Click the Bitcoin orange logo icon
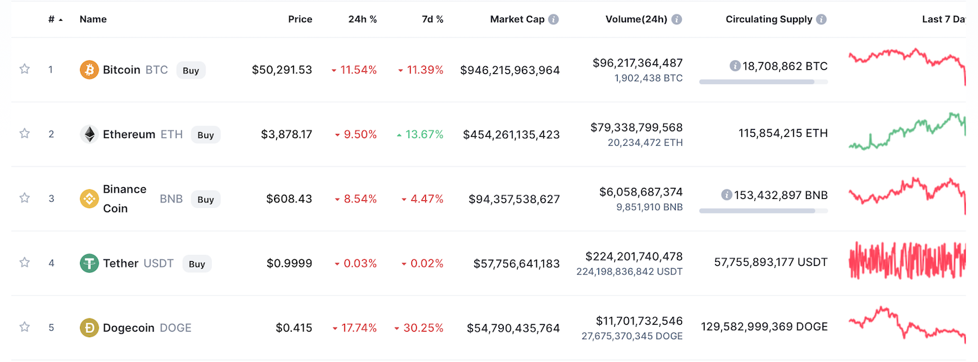tap(90, 70)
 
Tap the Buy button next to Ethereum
tap(206, 135)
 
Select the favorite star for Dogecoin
tap(25, 327)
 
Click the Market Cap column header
tap(517, 19)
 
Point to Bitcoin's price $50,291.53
tap(282, 70)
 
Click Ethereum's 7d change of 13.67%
tap(420, 134)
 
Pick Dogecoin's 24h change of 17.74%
tap(355, 328)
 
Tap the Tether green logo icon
tap(90, 263)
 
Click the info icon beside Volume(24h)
tap(676, 19)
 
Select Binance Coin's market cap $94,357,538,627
tap(514, 199)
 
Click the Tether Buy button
tap(197, 263)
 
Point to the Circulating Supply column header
tap(769, 19)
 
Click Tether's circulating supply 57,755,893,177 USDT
tap(771, 262)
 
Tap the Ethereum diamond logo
tap(90, 135)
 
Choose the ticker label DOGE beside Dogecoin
tap(175, 328)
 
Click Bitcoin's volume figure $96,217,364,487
tap(638, 63)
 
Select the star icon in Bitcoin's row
tap(25, 69)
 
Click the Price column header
tap(300, 19)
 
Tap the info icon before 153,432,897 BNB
tap(726, 195)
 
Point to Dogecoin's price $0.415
tap(294, 328)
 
